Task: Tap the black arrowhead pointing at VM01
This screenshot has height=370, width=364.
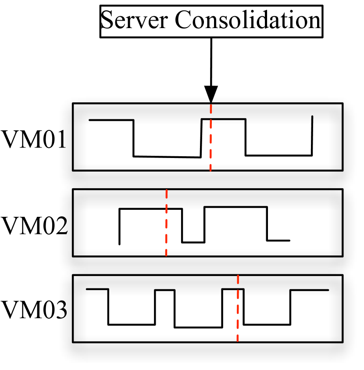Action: coord(211,94)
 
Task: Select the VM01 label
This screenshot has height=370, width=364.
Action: coord(34,140)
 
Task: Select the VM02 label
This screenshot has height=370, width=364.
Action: coord(34,226)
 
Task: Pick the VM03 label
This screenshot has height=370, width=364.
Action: coord(34,311)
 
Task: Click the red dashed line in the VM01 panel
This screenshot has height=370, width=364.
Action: coord(211,145)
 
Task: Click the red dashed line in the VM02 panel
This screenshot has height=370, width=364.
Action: coord(166,228)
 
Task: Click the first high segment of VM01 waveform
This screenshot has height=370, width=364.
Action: coord(111,120)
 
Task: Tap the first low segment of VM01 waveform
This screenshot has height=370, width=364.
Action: coord(167,156)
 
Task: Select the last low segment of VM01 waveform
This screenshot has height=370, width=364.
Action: coord(278,155)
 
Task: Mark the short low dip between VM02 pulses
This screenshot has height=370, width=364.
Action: coord(193,242)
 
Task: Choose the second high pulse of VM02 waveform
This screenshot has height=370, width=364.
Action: coord(236,207)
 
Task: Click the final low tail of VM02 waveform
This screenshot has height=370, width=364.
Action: coord(278,241)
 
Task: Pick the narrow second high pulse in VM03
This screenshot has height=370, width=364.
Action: coord(165,290)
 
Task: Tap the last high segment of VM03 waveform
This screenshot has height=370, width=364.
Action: coord(309,290)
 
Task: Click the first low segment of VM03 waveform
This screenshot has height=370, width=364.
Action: coord(132,325)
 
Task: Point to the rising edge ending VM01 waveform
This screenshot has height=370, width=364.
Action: coord(312,136)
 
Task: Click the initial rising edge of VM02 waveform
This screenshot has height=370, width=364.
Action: coord(120,226)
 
